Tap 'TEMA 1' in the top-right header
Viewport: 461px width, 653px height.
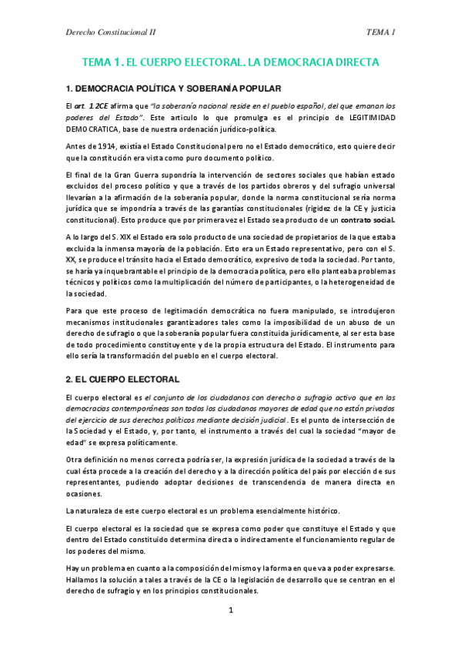pyautogui.click(x=381, y=32)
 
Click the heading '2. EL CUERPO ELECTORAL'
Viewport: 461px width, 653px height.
pyautogui.click(x=122, y=379)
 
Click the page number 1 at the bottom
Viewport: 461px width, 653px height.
pyautogui.click(x=230, y=611)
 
